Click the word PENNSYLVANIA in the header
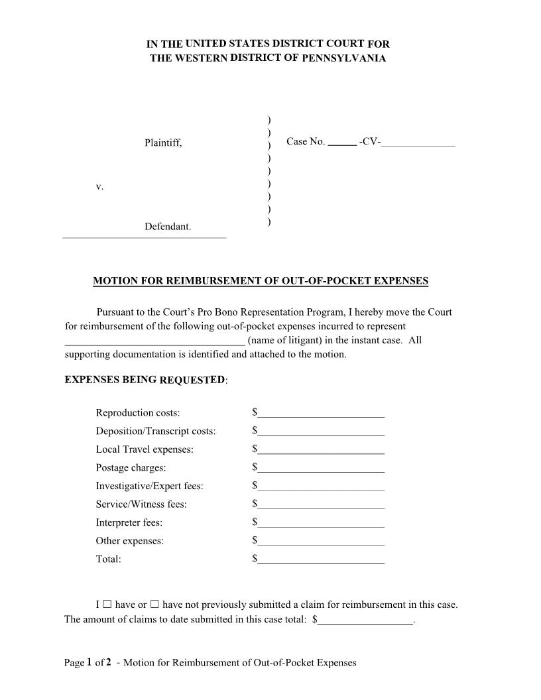tap(343, 58)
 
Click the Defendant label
tap(168, 227)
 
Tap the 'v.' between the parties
tap(99, 187)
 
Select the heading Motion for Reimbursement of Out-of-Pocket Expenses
tap(261, 281)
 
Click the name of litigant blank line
tap(154, 341)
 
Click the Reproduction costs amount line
tap(321, 414)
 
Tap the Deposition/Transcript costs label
tap(156, 432)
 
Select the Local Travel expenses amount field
tap(321, 450)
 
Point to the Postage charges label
tap(131, 468)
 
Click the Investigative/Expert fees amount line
tap(321, 487)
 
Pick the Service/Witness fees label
tap(141, 504)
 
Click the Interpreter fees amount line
tap(321, 523)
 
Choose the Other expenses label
tap(130, 541)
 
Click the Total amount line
tap(321, 559)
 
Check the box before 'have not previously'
tap(154, 605)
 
